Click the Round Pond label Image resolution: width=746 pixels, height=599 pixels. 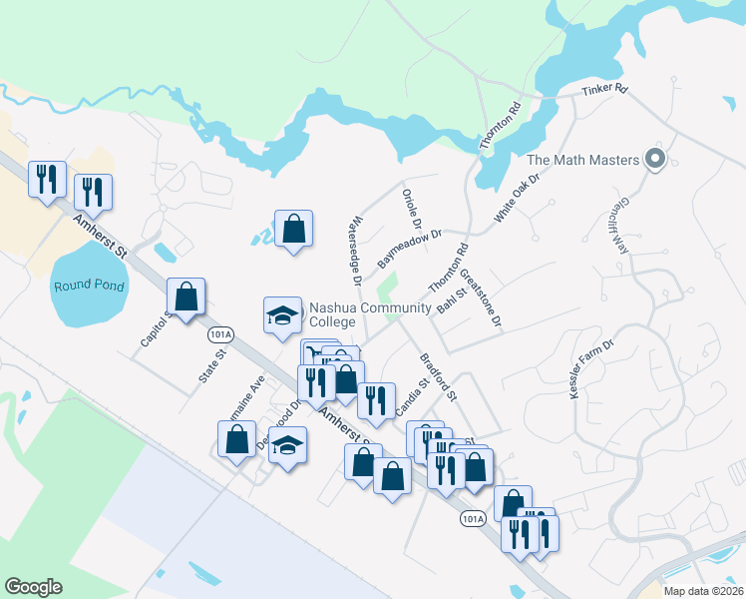pos(90,286)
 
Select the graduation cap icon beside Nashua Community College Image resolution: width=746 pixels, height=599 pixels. pos(282,315)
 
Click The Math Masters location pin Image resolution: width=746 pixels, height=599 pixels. pos(655,160)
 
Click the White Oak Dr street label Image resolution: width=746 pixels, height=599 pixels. pos(517,198)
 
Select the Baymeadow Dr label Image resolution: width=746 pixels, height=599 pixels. pos(409,250)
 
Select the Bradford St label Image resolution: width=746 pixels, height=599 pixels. pos(437,375)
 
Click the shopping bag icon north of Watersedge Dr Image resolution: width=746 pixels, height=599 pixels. pos(294,230)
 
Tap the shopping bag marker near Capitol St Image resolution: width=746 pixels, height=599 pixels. pos(186,296)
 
